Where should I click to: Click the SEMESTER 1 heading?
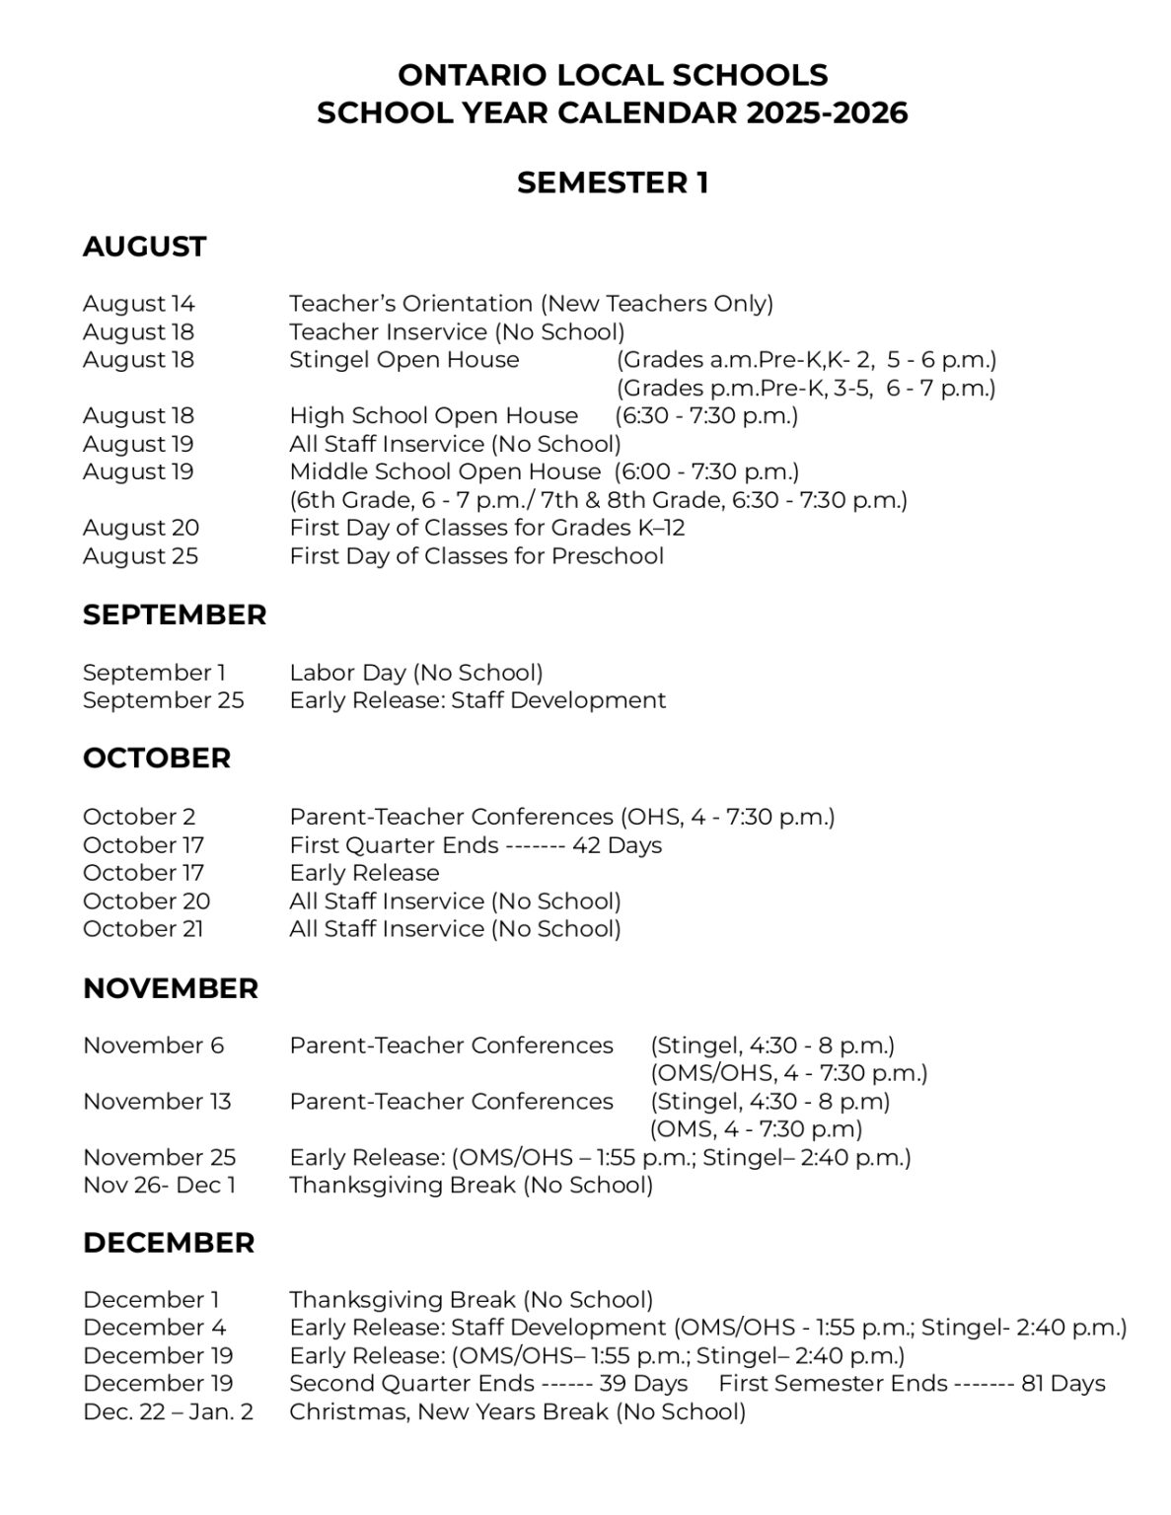pyautogui.click(x=612, y=183)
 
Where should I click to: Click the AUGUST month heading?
pyautogui.click(x=144, y=247)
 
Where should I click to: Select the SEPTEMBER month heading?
pyautogui.click(x=175, y=615)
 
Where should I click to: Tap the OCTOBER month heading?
pyautogui.click(x=157, y=758)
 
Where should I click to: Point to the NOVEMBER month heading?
pyautogui.click(x=171, y=988)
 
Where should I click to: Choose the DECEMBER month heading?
pyautogui.click(x=169, y=1243)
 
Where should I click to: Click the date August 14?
pyautogui.click(x=139, y=304)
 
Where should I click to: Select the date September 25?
pyautogui.click(x=163, y=700)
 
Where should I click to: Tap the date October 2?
pyautogui.click(x=139, y=817)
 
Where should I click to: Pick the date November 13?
pyautogui.click(x=157, y=1102)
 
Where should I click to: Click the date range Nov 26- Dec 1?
pyautogui.click(x=159, y=1185)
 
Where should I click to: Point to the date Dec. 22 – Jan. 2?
pyautogui.click(x=168, y=1412)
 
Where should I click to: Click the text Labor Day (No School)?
pyautogui.click(x=415, y=673)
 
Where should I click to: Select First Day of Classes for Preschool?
pyautogui.click(x=476, y=556)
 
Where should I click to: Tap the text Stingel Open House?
pyautogui.click(x=403, y=360)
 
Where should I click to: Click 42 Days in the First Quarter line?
pyautogui.click(x=617, y=845)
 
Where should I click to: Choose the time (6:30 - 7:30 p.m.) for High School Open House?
pyautogui.click(x=706, y=416)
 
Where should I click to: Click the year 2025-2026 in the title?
pyautogui.click(x=827, y=113)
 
